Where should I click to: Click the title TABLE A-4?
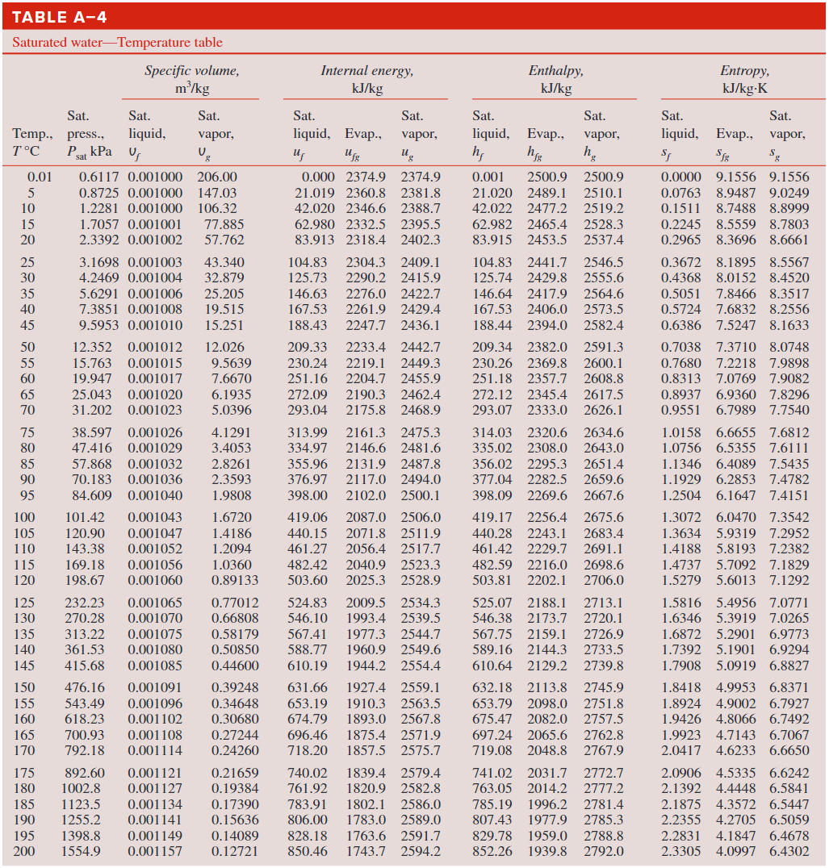[60, 17]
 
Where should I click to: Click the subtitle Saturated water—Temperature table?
[117, 43]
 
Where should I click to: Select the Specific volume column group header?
[192, 79]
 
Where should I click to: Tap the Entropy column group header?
[744, 79]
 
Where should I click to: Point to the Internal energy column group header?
[367, 79]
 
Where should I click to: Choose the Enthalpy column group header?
[555, 79]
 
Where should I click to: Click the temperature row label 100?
[24, 517]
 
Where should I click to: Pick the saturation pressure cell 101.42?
[85, 517]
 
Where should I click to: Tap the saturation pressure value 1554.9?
[83, 851]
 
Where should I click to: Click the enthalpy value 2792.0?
[604, 851]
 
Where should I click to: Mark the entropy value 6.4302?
[789, 851]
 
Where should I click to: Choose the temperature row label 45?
[27, 325]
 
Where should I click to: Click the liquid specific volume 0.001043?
[155, 517]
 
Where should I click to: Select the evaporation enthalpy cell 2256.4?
[546, 517]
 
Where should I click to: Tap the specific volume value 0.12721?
[235, 851]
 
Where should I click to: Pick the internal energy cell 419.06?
[308, 517]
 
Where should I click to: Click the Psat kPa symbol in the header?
[89, 152]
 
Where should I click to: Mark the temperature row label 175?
[24, 773]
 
